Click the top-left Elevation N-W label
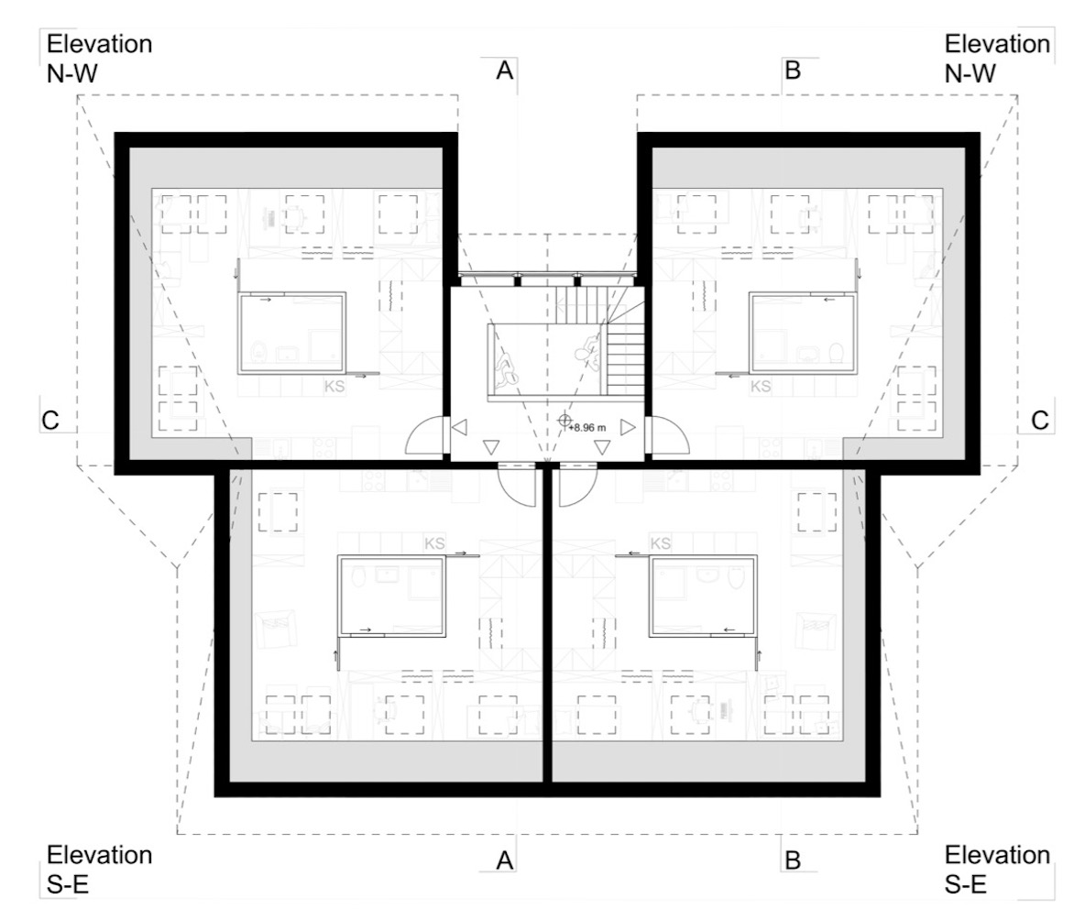tap(99, 58)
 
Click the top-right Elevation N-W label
tap(997, 58)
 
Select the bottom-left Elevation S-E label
tap(99, 870)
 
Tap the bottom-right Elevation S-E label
tap(997, 870)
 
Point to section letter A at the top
tap(505, 70)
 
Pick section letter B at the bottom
tap(793, 860)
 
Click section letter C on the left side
tap(50, 420)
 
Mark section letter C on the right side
tap(1040, 420)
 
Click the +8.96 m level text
tap(588, 428)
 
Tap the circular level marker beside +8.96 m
tap(564, 419)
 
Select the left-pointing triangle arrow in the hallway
tap(459, 428)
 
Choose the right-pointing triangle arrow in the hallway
tap(628, 428)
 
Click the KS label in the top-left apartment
tap(334, 386)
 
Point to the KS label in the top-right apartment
tap(761, 386)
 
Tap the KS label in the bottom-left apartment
tap(434, 543)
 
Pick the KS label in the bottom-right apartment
tap(661, 543)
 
